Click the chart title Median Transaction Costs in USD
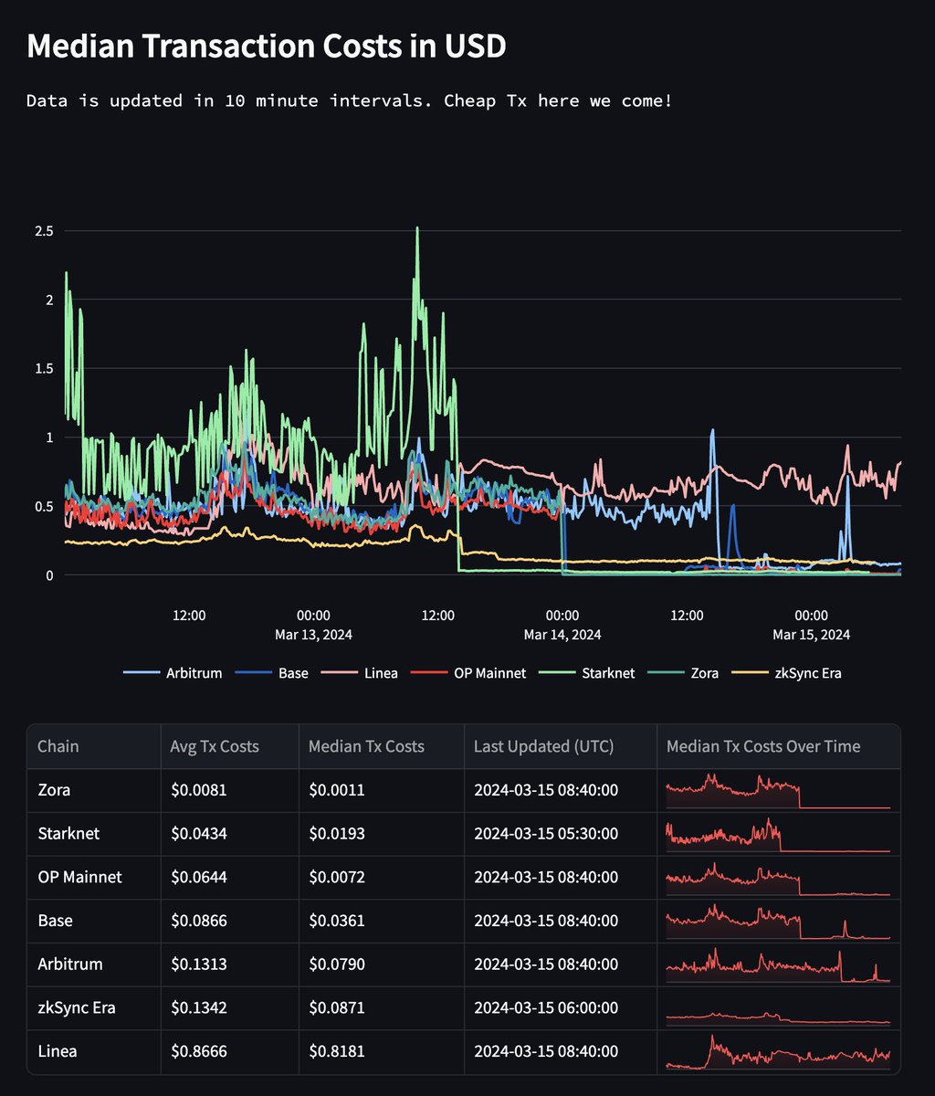point(266,47)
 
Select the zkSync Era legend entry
point(808,673)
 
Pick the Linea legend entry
point(380,673)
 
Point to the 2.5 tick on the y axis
point(44,231)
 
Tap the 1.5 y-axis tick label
point(44,369)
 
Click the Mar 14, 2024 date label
point(562,634)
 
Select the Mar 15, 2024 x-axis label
point(811,634)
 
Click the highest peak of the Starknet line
point(417,228)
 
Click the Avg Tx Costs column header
point(215,746)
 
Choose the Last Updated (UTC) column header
point(543,746)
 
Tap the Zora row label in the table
point(54,790)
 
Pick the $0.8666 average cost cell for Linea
point(198,1051)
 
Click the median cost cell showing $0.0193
point(336,834)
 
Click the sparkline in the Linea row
point(778,1051)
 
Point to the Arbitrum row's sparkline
point(778,964)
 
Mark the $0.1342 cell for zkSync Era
point(198,1008)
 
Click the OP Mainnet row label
point(79,877)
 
